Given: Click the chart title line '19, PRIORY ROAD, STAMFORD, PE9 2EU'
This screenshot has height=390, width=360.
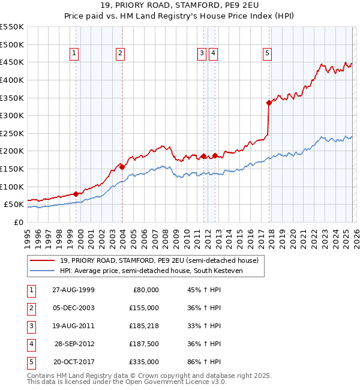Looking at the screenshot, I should tap(180, 5).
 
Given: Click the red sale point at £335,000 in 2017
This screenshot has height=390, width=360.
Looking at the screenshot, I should tap(269, 103).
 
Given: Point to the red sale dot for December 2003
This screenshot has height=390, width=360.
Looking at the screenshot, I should tap(122, 167).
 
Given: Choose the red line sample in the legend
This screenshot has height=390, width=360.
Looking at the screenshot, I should tap(42, 260).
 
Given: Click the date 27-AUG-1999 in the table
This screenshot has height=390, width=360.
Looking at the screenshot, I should tap(73, 290).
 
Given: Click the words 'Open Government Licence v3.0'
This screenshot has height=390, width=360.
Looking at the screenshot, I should tap(175, 382).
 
